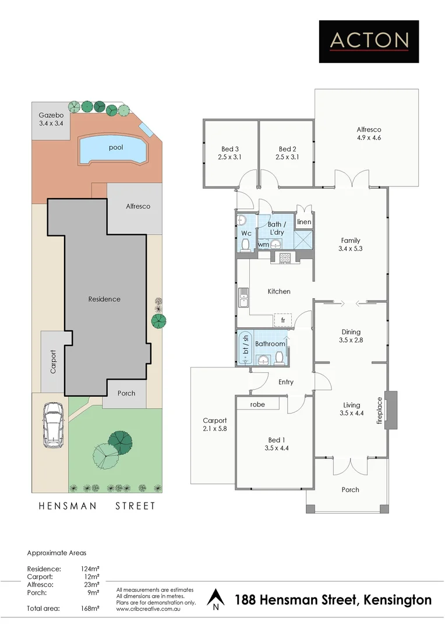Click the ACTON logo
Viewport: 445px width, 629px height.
pyautogui.click(x=369, y=41)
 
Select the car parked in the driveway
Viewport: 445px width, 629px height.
pyautogui.click(x=53, y=426)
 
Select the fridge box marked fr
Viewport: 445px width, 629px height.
pyautogui.click(x=283, y=320)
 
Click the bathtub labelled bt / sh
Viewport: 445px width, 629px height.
pyautogui.click(x=245, y=348)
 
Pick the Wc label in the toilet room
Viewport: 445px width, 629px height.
pyautogui.click(x=246, y=234)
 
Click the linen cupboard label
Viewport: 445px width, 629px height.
pyautogui.click(x=303, y=222)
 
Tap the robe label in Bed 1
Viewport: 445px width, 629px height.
pyautogui.click(x=257, y=404)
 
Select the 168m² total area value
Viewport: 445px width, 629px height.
pyautogui.click(x=90, y=608)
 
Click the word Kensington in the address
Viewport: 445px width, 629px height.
pyautogui.click(x=397, y=600)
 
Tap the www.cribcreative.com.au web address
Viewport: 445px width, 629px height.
pyautogui.click(x=149, y=609)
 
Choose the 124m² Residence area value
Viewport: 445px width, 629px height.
pyautogui.click(x=90, y=569)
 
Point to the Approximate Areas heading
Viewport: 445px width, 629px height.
pyautogui.click(x=56, y=553)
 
